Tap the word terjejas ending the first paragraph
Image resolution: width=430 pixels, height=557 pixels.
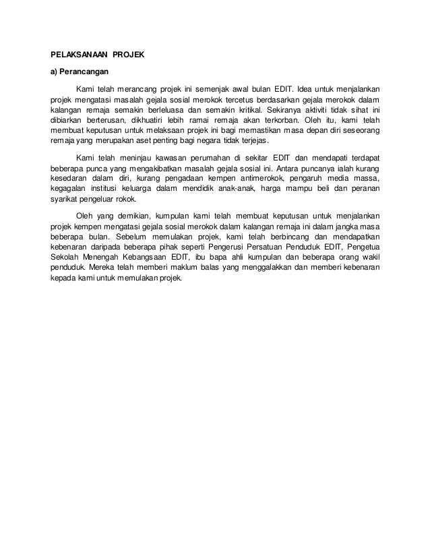(251, 141)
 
